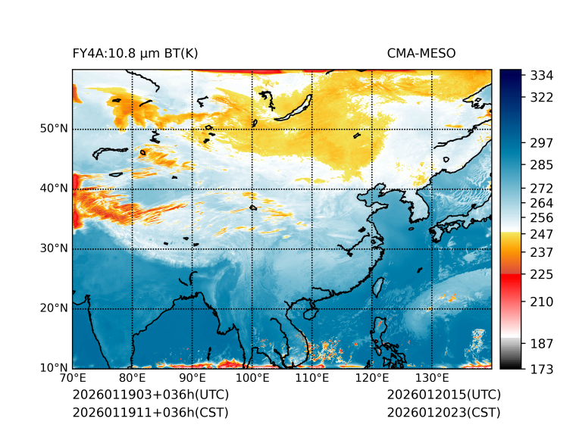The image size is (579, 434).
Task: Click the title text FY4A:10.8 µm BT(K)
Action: point(135,54)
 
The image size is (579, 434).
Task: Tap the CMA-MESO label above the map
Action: point(421,54)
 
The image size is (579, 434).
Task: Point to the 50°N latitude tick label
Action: point(54,129)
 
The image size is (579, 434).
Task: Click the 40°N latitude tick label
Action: point(54,189)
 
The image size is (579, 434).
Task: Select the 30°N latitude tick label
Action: point(54,248)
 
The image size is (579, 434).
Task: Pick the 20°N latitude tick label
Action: point(54,308)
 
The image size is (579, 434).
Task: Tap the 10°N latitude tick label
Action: point(54,368)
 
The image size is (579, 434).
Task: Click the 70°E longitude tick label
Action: point(73,378)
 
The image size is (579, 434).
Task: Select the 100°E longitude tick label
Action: point(252,378)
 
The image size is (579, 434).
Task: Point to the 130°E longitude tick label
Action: point(431,378)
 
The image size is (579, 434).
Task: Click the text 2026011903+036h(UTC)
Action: point(150,395)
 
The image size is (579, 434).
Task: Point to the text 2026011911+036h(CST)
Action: point(150,412)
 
